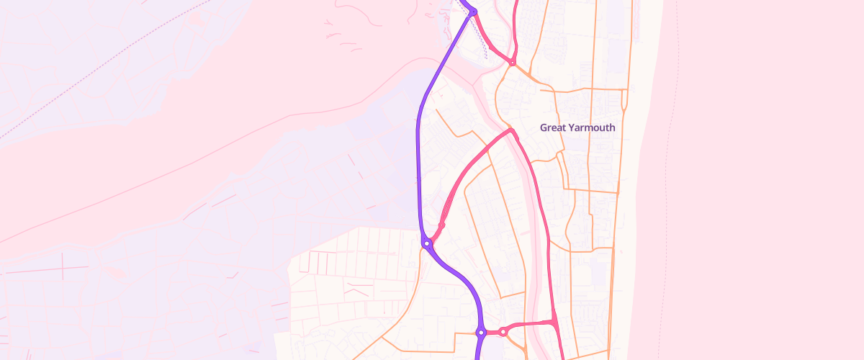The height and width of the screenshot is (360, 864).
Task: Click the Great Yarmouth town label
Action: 577,127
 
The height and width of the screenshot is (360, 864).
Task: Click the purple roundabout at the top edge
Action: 473,11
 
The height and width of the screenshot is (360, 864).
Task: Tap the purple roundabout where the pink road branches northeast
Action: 427,243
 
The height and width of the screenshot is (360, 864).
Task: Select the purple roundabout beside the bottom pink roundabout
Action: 480,333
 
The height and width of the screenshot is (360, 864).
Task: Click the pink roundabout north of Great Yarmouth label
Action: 512,63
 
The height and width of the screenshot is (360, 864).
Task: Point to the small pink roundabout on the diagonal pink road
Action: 441,225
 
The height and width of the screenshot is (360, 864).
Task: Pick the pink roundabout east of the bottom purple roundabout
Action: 503,332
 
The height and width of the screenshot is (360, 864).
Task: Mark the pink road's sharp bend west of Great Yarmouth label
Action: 510,130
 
